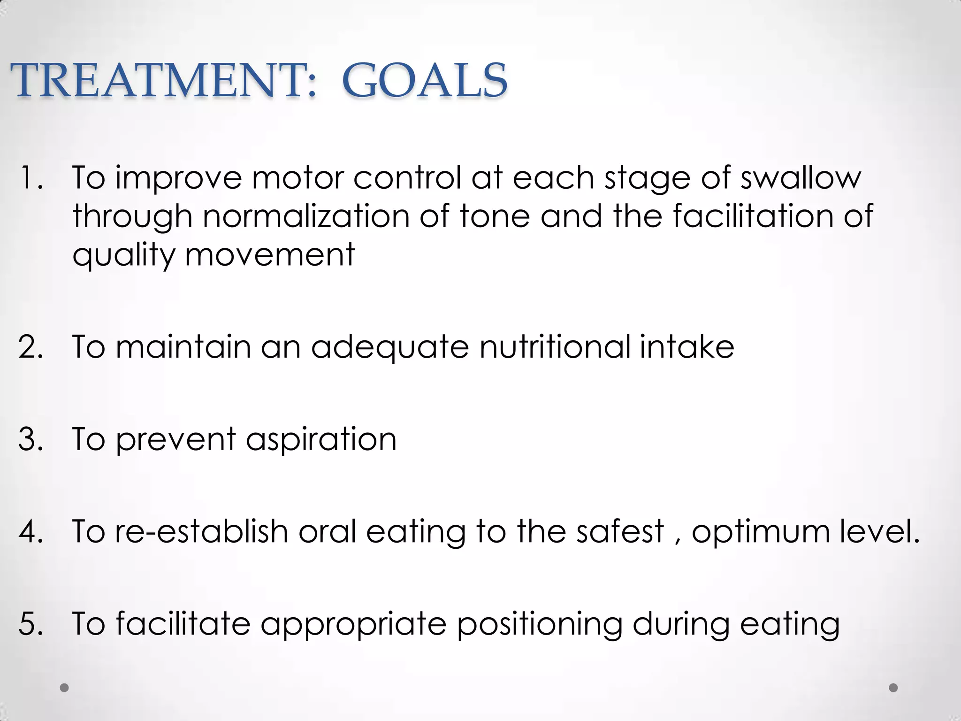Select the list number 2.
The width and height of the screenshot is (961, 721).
pos(31,347)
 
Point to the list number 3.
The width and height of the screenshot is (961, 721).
pos(31,440)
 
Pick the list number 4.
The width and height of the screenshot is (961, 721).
pos(31,532)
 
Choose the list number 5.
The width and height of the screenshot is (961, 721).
pos(31,624)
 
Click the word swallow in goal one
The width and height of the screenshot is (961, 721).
pos(801,178)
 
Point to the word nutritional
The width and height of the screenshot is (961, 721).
pos(555,347)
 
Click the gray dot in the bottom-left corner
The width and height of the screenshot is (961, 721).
pos(65,688)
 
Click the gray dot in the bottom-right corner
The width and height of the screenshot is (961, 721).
pos(893,688)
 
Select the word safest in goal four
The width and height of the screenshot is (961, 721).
pos(620,532)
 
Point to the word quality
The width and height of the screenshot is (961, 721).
pos(123,256)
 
